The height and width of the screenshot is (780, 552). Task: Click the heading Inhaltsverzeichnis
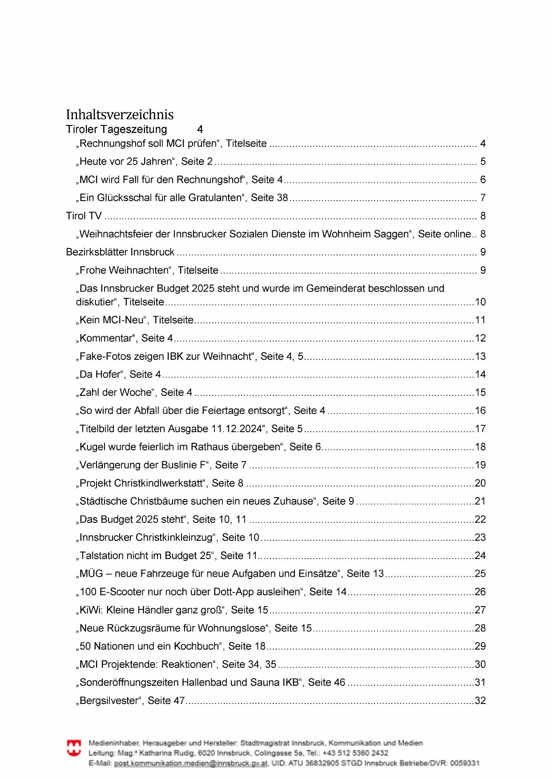pyautogui.click(x=120, y=115)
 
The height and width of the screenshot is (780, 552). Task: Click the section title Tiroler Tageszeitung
pyautogui.click(x=117, y=129)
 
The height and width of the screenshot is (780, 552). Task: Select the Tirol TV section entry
pyautogui.click(x=84, y=216)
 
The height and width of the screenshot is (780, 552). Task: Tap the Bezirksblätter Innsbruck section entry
pyautogui.click(x=120, y=252)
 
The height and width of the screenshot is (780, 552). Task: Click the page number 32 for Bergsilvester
pyautogui.click(x=480, y=701)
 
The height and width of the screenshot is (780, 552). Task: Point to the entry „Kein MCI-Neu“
pyautogui.click(x=136, y=320)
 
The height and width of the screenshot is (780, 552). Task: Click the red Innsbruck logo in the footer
pyautogui.click(x=74, y=748)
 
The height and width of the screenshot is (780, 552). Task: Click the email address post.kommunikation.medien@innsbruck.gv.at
pyautogui.click(x=191, y=764)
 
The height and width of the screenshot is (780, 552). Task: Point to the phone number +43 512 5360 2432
pyautogui.click(x=355, y=753)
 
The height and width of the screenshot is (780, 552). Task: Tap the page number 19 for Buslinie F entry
pyautogui.click(x=480, y=465)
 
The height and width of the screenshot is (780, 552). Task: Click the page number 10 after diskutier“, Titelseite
pyautogui.click(x=480, y=302)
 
